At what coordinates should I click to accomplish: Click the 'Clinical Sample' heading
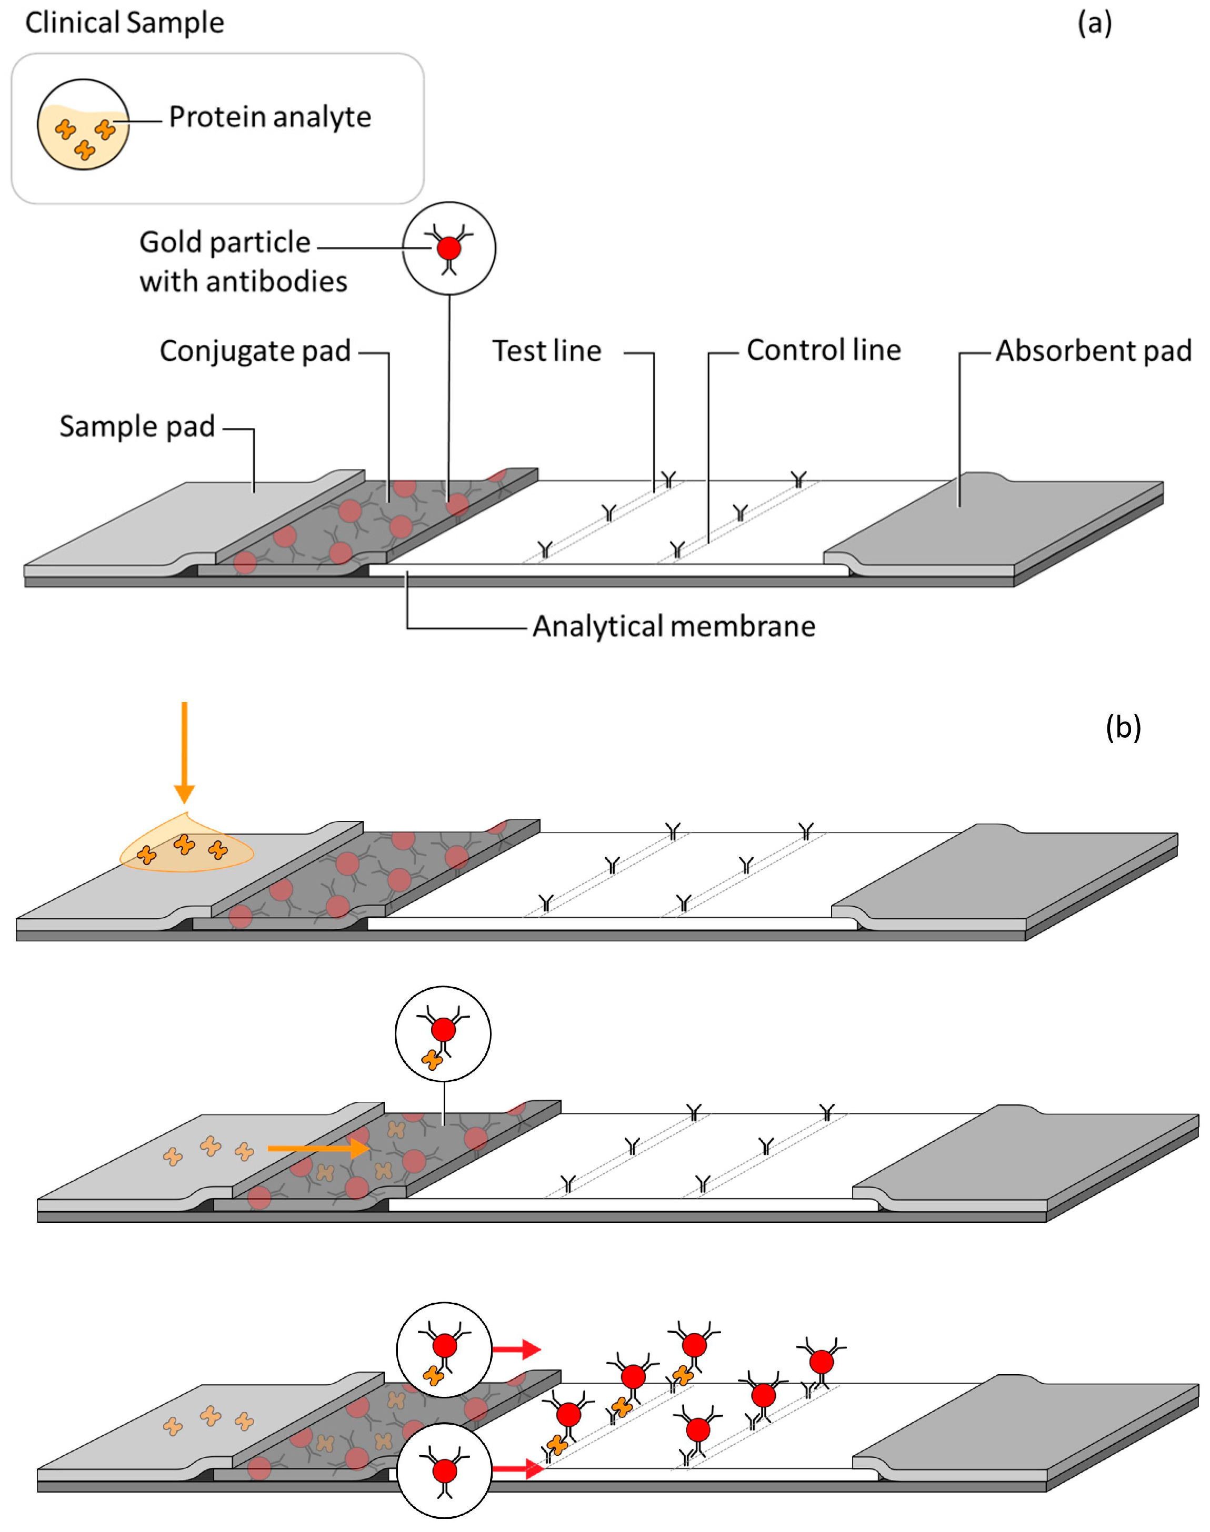[125, 23]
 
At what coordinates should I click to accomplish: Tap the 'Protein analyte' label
[270, 117]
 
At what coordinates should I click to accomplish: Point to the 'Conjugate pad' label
[255, 350]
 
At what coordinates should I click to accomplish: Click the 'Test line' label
[547, 350]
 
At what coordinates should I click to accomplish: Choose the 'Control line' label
[823, 350]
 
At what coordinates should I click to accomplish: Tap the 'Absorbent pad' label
[1093, 350]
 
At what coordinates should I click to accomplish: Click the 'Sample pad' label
[137, 426]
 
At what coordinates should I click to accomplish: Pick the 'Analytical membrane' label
[674, 626]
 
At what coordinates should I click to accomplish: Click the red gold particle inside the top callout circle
[448, 248]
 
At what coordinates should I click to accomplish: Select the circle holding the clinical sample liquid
[84, 125]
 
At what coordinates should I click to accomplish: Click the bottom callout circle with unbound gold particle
[444, 1470]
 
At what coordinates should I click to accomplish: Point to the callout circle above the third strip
[443, 1033]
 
